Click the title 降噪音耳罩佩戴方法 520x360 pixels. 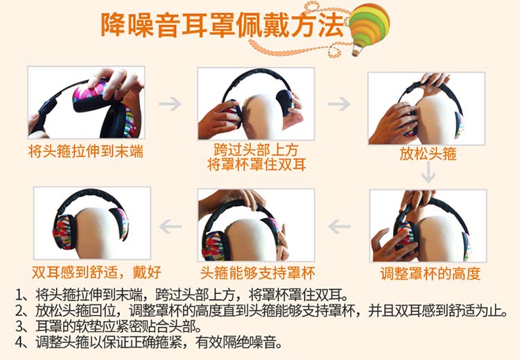tap(222, 25)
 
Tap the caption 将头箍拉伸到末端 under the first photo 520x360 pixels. tap(86, 152)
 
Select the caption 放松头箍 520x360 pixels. tap(428, 153)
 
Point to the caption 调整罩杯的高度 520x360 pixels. tap(430, 274)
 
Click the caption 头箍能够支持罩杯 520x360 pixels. tap(258, 273)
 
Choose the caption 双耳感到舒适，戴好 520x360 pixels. tap(96, 272)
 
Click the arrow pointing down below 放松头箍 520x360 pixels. tap(428, 173)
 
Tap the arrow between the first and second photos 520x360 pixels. tap(170, 104)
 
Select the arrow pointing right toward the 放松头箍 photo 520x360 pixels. tap(339, 104)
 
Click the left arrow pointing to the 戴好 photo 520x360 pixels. tap(170, 227)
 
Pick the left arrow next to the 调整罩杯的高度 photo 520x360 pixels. tap(340, 227)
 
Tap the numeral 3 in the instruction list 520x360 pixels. tap(19, 327)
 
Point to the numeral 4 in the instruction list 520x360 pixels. tap(19, 343)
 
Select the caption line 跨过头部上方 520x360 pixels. tap(256, 150)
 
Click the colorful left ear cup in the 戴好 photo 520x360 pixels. tap(64, 232)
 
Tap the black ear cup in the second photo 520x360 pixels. tap(284, 101)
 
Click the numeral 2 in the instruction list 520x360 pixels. tap(19, 311)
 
